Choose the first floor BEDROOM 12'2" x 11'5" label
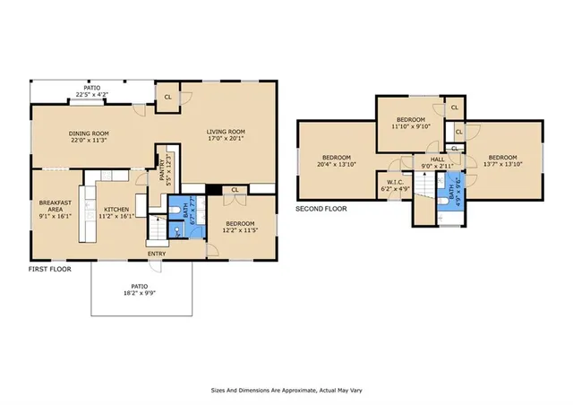tap(240, 227)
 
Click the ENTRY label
tap(158, 254)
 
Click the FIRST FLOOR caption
tap(49, 268)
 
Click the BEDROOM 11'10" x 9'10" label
tap(410, 123)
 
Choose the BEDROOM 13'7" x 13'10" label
tap(503, 161)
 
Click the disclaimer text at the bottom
tap(286, 391)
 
